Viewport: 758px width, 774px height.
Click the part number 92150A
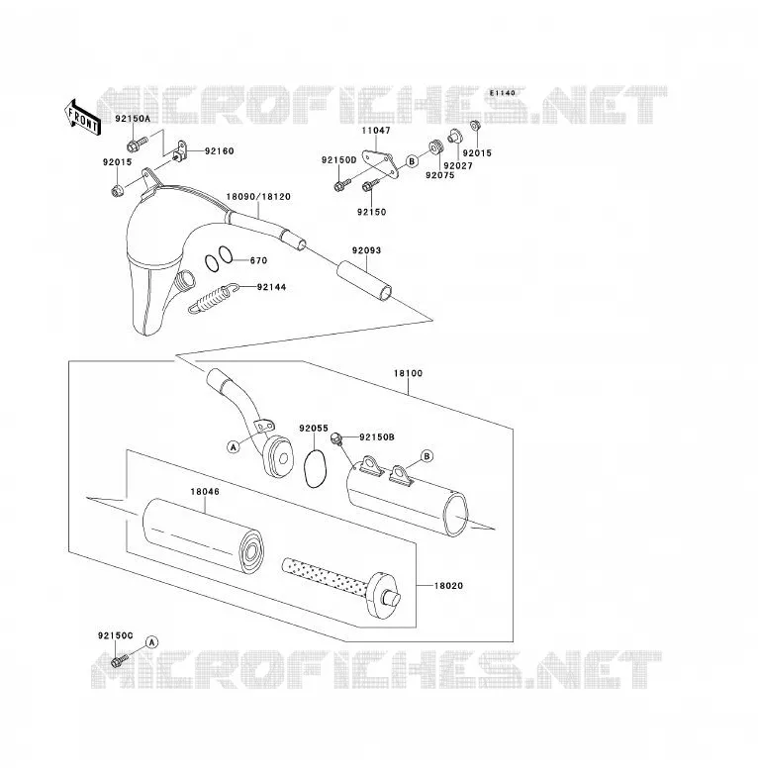[x=133, y=119]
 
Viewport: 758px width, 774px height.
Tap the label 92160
[x=219, y=151]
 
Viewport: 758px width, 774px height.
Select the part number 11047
[x=376, y=131]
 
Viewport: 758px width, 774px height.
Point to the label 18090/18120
[x=258, y=196]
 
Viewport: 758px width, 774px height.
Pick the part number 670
[x=258, y=260]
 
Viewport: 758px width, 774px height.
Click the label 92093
[x=367, y=250]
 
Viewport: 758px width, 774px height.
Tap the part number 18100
[x=408, y=373]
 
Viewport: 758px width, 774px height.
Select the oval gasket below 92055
[x=315, y=469]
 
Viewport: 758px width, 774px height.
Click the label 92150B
[x=377, y=436]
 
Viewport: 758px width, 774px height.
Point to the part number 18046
[x=205, y=492]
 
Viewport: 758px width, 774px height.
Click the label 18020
[x=448, y=585]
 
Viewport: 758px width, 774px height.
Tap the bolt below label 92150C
[x=119, y=660]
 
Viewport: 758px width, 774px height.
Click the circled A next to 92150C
[x=152, y=642]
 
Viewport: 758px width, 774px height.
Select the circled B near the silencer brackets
[x=426, y=455]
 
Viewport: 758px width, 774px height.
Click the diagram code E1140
[x=503, y=93]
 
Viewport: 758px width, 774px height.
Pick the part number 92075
[x=439, y=175]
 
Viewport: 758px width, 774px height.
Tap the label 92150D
[x=339, y=160]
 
